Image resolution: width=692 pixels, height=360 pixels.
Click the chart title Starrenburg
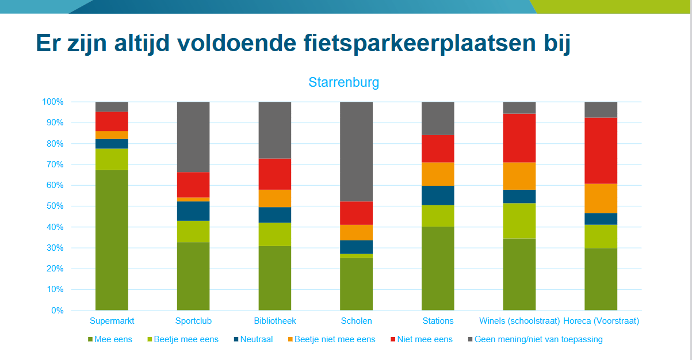coord(343,82)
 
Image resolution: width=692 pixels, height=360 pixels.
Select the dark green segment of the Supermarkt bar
coord(112,240)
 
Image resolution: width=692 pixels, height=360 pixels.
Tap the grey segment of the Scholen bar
coord(356,151)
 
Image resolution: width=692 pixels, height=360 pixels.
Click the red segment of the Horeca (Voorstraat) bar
coord(601,150)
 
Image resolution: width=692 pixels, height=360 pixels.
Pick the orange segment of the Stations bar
coord(438,174)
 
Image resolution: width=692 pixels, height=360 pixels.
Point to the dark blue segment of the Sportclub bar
coord(193,211)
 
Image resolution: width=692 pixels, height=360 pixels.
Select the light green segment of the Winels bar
coord(519,220)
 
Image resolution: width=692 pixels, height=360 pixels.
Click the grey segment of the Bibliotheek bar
coord(274,130)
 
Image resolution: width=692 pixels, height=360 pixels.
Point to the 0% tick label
coord(56,311)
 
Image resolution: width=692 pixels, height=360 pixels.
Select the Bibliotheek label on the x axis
coord(274,321)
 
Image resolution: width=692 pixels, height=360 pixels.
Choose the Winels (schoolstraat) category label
coord(519,321)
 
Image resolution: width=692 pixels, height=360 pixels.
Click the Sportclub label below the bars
coord(193,321)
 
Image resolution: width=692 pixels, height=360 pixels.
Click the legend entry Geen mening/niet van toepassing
coord(538,339)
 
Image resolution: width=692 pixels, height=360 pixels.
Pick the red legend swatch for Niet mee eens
coord(393,339)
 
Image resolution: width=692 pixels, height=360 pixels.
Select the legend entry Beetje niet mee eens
coord(334,339)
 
